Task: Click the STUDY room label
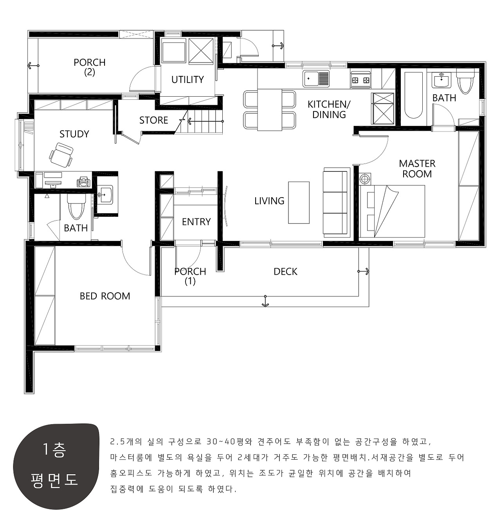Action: click(x=74, y=134)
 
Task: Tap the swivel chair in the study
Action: click(x=61, y=155)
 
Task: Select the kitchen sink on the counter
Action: click(x=316, y=79)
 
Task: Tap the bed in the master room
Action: click(x=392, y=211)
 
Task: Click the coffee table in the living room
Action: click(x=299, y=202)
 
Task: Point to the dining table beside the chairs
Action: click(x=270, y=110)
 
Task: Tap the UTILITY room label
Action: click(x=187, y=79)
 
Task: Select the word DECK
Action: click(x=285, y=272)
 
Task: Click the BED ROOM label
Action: click(x=105, y=296)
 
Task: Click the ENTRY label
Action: click(x=196, y=222)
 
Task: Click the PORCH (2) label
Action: click(x=90, y=67)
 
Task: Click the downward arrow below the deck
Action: click(x=265, y=301)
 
